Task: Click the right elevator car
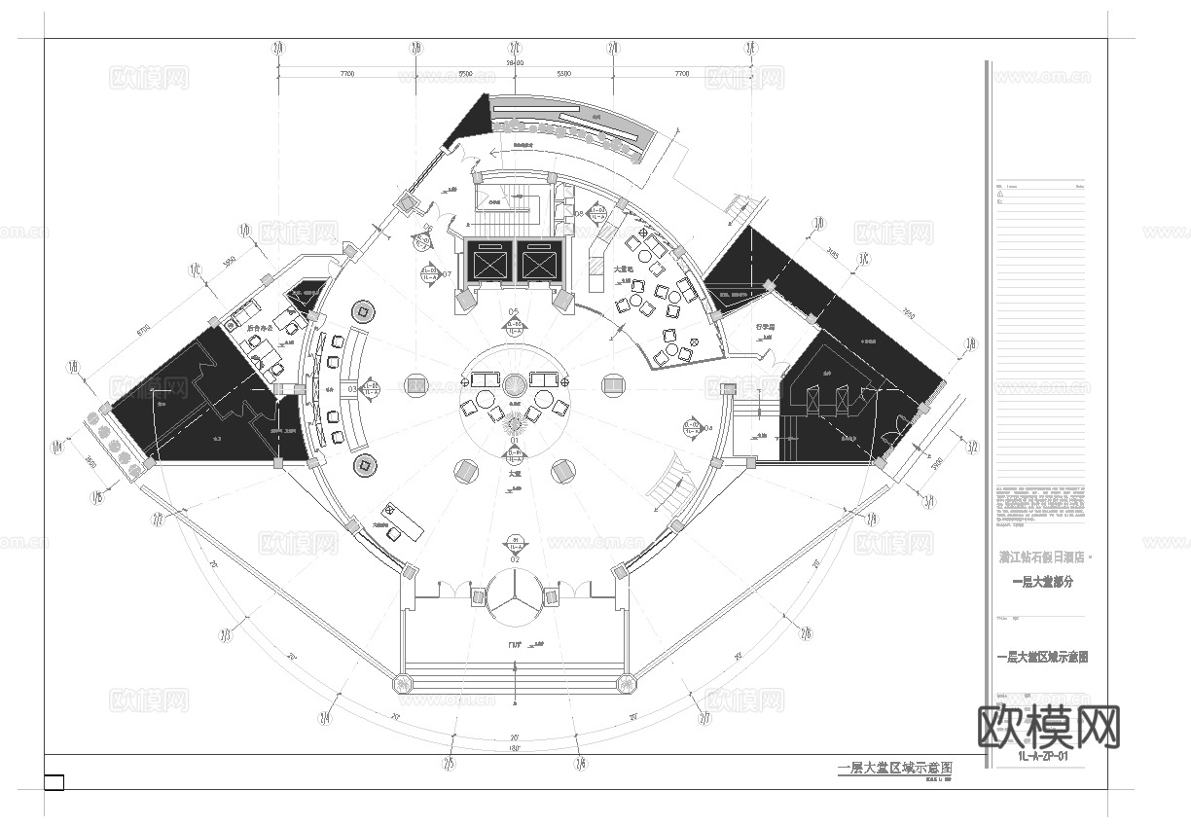539,262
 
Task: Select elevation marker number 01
515,450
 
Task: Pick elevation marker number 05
514,324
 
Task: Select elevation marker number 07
429,274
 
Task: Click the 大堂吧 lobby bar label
624,269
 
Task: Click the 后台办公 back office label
259,329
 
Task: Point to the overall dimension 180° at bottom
514,748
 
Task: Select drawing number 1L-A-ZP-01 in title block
1041,756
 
